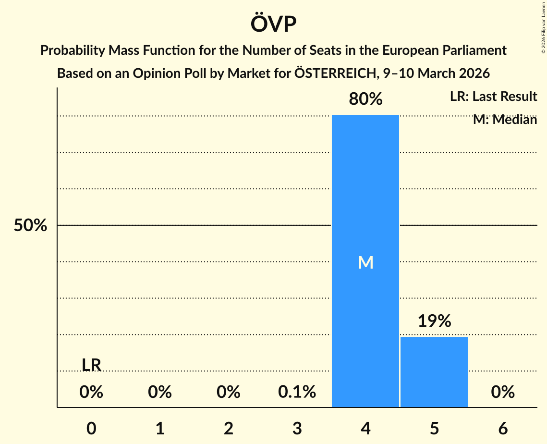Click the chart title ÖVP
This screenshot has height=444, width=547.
coord(273,24)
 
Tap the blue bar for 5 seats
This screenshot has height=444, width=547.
coord(434,372)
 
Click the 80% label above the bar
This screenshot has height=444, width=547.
coord(365,99)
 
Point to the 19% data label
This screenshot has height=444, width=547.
coord(434,321)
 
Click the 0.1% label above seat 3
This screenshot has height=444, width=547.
coord(297,393)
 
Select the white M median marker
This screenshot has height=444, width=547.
coord(365,262)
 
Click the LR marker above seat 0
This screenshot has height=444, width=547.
coord(91,365)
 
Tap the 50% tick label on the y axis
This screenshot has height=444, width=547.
coord(30,225)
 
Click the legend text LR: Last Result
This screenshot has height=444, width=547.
coord(493,97)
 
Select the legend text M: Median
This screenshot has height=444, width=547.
coord(505,120)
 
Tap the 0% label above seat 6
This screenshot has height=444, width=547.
coord(503,393)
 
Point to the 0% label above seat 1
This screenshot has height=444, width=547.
coord(160,393)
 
